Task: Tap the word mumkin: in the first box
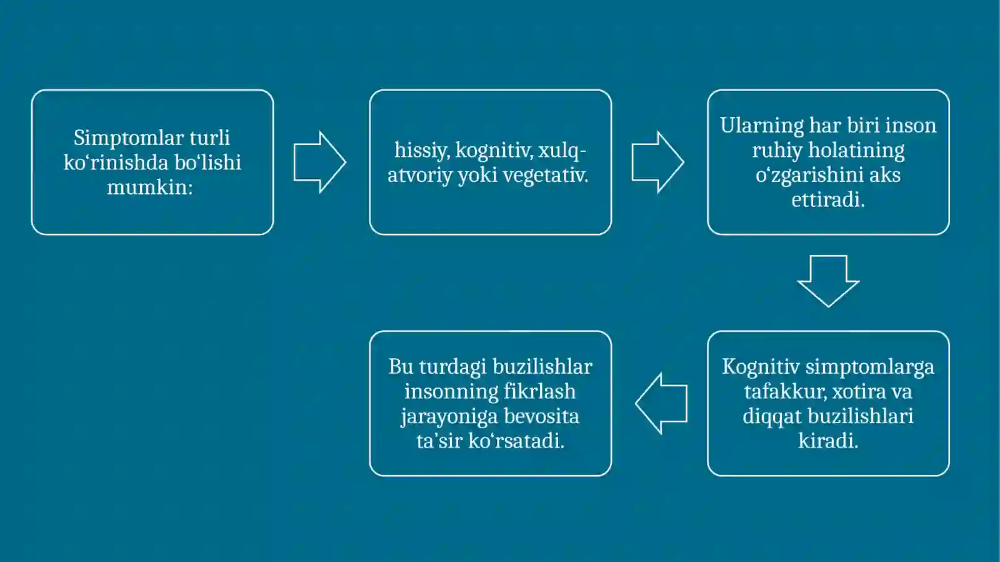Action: (150, 188)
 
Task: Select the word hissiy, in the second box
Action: (421, 151)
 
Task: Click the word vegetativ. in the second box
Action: (546, 176)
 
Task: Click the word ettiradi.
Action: (828, 199)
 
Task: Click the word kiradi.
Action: (828, 441)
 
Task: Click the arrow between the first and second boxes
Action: (319, 162)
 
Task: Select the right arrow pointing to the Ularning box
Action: (657, 162)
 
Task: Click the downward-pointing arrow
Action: (828, 281)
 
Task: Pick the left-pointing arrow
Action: (661, 403)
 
